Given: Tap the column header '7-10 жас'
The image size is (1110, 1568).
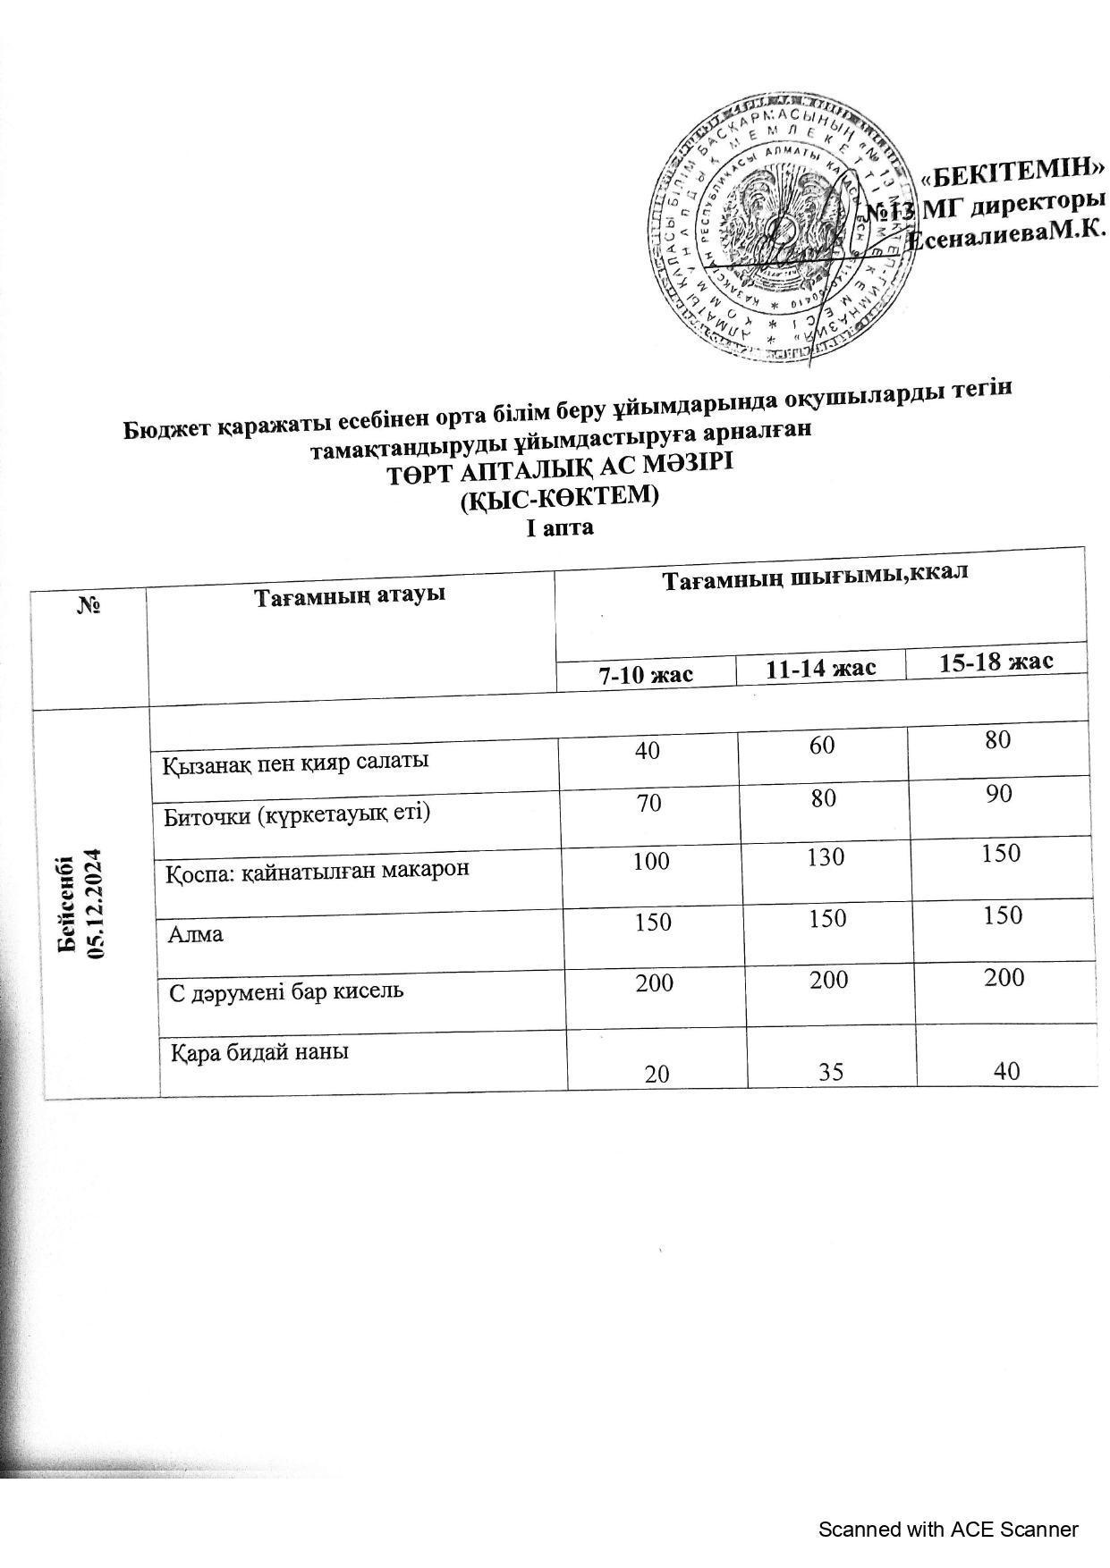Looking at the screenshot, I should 646,673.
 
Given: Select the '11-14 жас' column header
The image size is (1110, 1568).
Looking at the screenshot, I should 820,668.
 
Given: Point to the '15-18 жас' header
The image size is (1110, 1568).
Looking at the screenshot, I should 996,662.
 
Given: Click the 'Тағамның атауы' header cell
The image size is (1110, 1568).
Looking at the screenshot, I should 351,594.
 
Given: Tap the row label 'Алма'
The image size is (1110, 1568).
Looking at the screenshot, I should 196,935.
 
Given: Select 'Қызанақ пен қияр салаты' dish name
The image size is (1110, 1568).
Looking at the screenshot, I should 295,762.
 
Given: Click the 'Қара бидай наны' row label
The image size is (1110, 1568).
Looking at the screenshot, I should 259,1052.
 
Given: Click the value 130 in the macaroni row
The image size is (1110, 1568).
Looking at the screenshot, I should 825,857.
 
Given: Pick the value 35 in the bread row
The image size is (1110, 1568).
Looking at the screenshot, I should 831,1071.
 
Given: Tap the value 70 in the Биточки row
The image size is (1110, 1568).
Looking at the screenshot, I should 649,802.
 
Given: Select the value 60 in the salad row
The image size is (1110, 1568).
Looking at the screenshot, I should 822,743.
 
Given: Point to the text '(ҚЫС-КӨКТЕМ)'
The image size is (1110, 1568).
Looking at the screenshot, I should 559,497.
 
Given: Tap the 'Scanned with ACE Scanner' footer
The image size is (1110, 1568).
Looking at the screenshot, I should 949,1530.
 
